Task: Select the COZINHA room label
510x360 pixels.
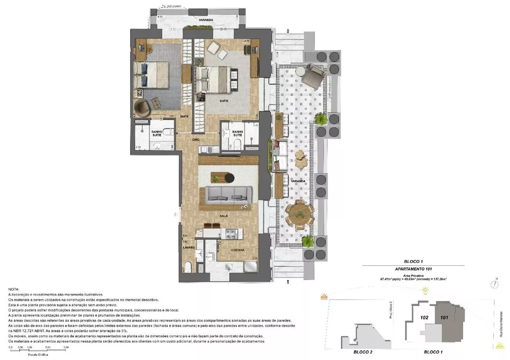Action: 238,250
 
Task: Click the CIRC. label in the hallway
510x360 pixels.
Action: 195,139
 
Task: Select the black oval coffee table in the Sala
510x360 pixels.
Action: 228,177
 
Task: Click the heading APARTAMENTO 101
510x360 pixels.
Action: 414,268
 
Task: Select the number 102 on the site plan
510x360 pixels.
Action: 424,317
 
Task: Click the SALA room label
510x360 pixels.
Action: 223,216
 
